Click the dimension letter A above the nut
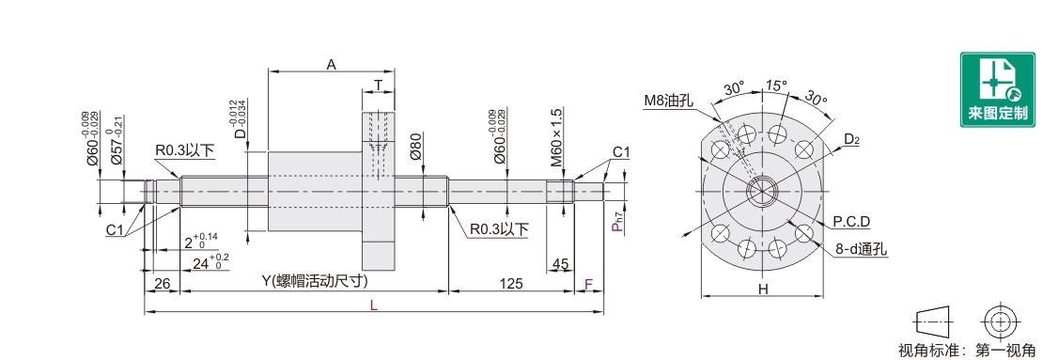click(332, 64)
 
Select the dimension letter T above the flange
click(378, 86)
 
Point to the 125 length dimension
click(510, 284)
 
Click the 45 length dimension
click(561, 264)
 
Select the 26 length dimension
click(162, 284)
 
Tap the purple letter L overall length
click(374, 305)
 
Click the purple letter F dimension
click(588, 284)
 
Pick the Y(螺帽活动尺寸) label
click(315, 281)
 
